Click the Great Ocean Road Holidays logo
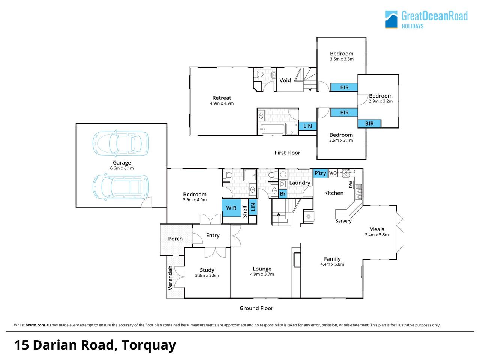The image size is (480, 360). click(426, 19)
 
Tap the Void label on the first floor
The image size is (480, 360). click(285, 80)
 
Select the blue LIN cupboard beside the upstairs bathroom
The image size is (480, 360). click(307, 126)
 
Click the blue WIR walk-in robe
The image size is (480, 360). click(232, 208)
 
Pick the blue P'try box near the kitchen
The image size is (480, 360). click(320, 173)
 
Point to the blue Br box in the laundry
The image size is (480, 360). click(283, 193)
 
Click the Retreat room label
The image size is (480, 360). click(222, 98)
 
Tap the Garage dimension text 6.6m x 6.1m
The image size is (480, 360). click(122, 168)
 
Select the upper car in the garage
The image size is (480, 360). click(120, 143)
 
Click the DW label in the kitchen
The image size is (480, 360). click(351, 184)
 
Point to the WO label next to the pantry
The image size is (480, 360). click(333, 173)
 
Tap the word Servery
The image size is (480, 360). click(343, 221)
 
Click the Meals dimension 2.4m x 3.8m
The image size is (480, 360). click(376, 235)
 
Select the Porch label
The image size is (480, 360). click(175, 238)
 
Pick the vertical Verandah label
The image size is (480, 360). click(170, 277)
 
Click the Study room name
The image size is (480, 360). click(207, 270)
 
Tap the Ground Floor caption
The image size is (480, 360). click(256, 308)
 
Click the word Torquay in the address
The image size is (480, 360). click(149, 345)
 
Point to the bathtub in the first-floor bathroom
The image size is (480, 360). click(272, 129)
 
